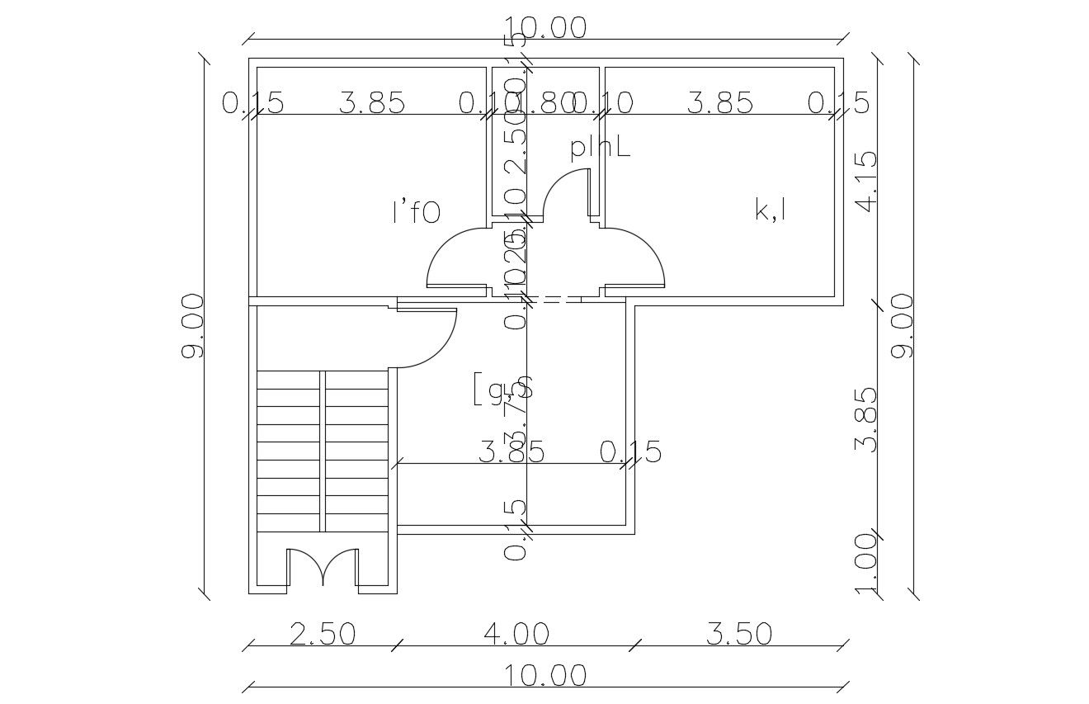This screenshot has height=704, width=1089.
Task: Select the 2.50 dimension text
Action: [323, 634]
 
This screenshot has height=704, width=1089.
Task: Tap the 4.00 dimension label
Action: [516, 634]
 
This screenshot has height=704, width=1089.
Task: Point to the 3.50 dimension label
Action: [739, 634]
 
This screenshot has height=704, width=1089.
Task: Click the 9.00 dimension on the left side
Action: [192, 325]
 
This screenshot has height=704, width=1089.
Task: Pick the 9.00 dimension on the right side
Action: [903, 325]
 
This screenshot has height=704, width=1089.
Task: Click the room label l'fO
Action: [416, 212]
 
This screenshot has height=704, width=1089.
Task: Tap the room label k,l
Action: [770, 209]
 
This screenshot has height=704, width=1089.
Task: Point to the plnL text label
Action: [600, 148]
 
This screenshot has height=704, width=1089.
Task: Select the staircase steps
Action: [323, 451]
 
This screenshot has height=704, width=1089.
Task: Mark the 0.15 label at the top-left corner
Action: [252, 104]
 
